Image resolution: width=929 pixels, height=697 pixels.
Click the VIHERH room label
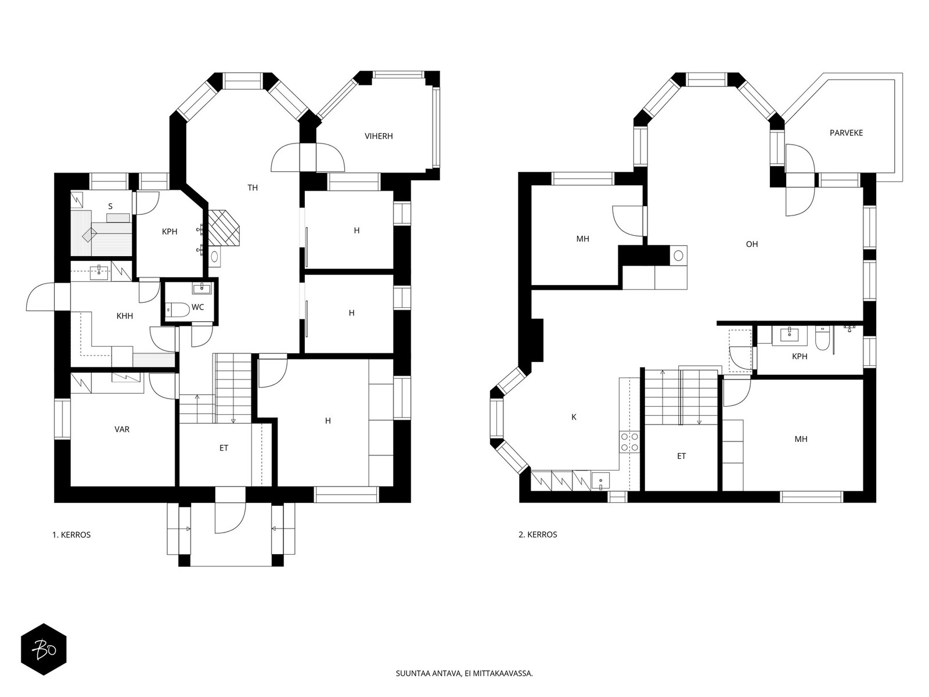[379, 136]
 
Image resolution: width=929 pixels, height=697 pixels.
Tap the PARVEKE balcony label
[845, 133]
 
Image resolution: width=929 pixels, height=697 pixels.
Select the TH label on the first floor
[252, 188]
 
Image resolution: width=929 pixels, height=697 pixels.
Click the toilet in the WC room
[178, 310]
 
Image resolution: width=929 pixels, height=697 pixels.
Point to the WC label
[197, 307]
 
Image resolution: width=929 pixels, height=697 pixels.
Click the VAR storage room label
[122, 429]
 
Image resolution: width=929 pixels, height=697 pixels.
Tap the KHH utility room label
[124, 316]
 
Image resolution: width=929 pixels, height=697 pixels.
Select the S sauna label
[110, 207]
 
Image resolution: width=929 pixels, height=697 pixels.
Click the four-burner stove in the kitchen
[629, 442]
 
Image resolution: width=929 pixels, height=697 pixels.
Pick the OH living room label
[752, 244]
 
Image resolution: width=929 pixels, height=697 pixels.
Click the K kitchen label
[574, 417]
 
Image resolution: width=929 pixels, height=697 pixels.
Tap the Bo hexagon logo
[44, 649]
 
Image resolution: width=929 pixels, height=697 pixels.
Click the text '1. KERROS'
[71, 534]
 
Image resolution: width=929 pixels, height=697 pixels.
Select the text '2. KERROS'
[538, 534]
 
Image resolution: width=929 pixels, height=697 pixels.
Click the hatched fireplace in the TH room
[224, 228]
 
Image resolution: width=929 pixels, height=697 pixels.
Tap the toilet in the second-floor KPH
[823, 339]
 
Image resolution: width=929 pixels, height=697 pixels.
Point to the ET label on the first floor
[224, 448]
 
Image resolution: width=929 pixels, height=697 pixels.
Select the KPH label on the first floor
[170, 232]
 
